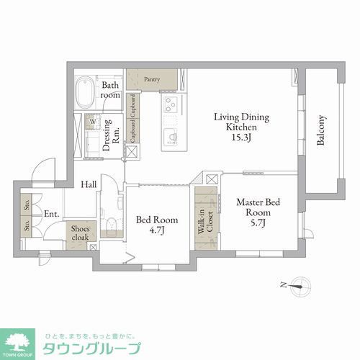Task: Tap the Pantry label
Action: point(151,79)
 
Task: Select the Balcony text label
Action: point(322,132)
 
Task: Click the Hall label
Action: point(89,184)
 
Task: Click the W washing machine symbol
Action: point(93,122)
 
